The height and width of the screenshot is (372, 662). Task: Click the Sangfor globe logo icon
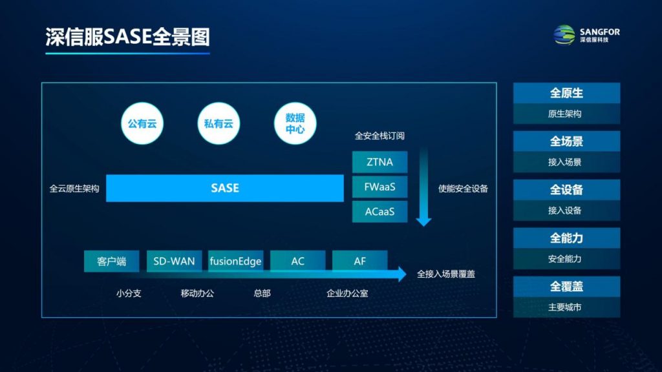[564, 35]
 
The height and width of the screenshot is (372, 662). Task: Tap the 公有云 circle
[142, 123]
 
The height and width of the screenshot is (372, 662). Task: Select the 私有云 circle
[219, 123]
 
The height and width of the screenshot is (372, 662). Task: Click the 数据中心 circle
[295, 123]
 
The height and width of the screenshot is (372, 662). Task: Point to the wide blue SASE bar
[224, 188]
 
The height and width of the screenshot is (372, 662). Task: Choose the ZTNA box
[380, 162]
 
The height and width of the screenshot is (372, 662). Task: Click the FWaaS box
[380, 187]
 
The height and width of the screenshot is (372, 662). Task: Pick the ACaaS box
[380, 212]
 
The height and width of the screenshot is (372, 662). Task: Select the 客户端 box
[111, 261]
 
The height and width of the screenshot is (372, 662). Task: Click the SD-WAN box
[174, 261]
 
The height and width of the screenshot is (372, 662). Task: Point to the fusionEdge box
[235, 261]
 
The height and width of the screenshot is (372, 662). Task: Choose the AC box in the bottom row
[297, 261]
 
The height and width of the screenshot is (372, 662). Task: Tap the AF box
[359, 261]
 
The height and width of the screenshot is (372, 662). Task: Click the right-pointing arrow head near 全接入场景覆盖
[401, 274]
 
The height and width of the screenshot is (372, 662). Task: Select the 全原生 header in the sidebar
[566, 93]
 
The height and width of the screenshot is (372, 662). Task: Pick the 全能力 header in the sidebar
[566, 238]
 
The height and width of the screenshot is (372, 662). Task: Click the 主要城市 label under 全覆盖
[565, 307]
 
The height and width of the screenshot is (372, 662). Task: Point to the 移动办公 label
[197, 293]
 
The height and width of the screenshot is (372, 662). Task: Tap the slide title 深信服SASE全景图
[127, 37]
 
